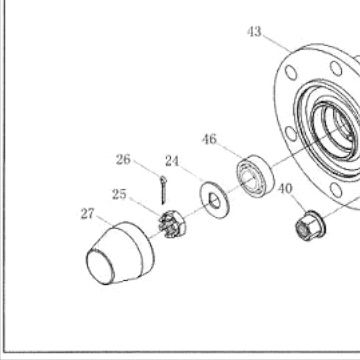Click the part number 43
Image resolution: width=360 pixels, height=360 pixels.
[254, 32]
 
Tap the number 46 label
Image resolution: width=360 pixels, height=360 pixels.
[209, 139]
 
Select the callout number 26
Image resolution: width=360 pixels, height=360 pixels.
[123, 160]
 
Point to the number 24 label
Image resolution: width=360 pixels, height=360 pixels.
[172, 161]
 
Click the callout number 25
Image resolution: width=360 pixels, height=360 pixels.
[119, 194]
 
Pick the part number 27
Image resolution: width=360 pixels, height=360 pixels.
[88, 214]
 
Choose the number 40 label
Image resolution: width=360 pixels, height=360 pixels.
[285, 189]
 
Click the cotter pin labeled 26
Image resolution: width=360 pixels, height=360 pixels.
[163, 190]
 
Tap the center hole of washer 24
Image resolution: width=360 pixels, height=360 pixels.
[214, 201]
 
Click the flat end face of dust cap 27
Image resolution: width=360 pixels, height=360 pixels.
[100, 267]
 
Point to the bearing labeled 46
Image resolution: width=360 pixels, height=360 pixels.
[255, 176]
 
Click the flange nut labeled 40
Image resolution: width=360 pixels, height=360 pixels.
[310, 225]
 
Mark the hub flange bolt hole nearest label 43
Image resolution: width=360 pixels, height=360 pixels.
[291, 72]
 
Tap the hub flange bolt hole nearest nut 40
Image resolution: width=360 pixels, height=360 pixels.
[336, 190]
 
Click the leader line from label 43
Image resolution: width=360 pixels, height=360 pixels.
[277, 44]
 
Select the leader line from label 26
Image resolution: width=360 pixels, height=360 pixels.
[148, 168]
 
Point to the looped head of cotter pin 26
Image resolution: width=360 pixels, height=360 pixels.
[163, 180]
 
